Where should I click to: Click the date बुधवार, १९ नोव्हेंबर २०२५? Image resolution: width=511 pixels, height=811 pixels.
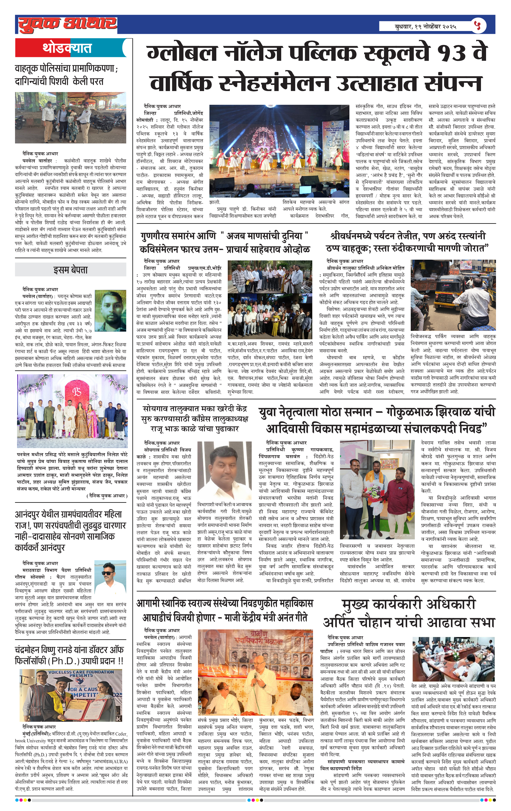pos(425,26)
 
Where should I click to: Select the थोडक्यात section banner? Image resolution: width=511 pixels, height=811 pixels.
pos(67,48)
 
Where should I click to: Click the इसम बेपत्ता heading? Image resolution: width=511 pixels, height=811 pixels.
pos(70,270)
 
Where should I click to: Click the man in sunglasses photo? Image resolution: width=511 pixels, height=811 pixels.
pos(110,579)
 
